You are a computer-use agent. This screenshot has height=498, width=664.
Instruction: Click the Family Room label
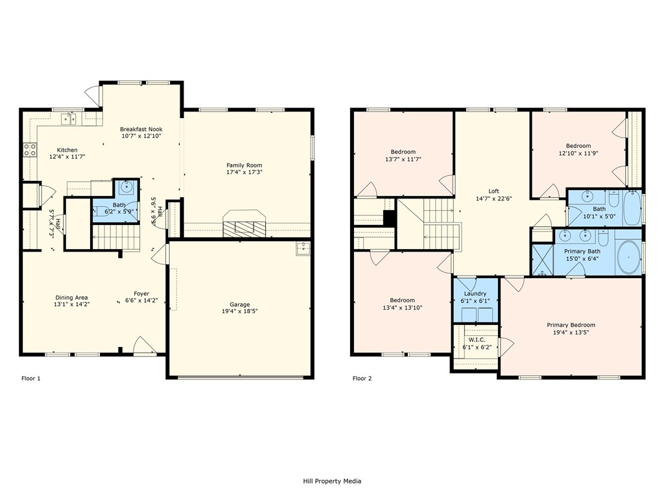point(244,165)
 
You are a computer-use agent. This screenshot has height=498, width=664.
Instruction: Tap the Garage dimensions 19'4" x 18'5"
point(240,311)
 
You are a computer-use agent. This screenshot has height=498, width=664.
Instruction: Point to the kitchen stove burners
point(30,150)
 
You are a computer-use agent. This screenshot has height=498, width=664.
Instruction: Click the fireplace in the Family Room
point(244,224)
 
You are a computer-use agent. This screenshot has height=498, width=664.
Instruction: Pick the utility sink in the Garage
point(303,250)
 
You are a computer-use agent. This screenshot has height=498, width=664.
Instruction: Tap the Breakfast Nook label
point(141,129)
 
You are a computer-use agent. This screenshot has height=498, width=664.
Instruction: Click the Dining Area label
point(71,297)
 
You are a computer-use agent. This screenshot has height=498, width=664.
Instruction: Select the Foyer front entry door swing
point(145,344)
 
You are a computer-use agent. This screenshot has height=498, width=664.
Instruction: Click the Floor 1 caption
point(31,378)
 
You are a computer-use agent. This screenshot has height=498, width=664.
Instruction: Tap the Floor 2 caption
point(362,378)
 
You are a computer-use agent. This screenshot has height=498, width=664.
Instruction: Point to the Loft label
point(493,191)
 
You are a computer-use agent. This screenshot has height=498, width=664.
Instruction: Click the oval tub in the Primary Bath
point(629,257)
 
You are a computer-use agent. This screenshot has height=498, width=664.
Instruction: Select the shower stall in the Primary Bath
point(543,259)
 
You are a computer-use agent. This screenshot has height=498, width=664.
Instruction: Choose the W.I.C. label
point(477,340)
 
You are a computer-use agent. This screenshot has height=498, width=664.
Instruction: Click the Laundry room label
point(475,294)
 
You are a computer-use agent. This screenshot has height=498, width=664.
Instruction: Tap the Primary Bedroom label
point(571,325)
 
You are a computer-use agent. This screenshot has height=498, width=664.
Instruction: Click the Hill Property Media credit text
point(332,480)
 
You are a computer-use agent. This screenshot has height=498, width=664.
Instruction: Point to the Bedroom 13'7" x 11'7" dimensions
point(403,160)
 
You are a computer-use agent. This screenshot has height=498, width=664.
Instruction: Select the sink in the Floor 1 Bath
point(126,186)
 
